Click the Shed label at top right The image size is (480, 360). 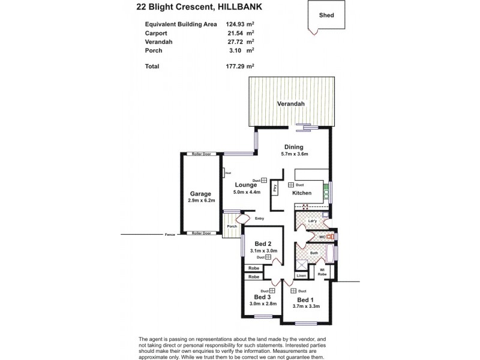(x=327, y=16)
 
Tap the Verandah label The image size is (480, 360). (x=291, y=104)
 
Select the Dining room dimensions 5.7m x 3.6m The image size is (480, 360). (x=294, y=155)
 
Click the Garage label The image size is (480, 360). (x=200, y=194)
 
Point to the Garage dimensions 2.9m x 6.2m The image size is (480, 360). (x=200, y=201)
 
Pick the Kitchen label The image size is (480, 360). (x=301, y=193)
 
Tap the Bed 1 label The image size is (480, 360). (x=305, y=299)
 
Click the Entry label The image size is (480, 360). (x=259, y=218)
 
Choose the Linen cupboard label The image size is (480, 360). (x=302, y=275)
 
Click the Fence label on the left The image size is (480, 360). (x=169, y=234)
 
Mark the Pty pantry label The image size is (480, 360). (x=274, y=188)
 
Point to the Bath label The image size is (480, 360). (x=313, y=253)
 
